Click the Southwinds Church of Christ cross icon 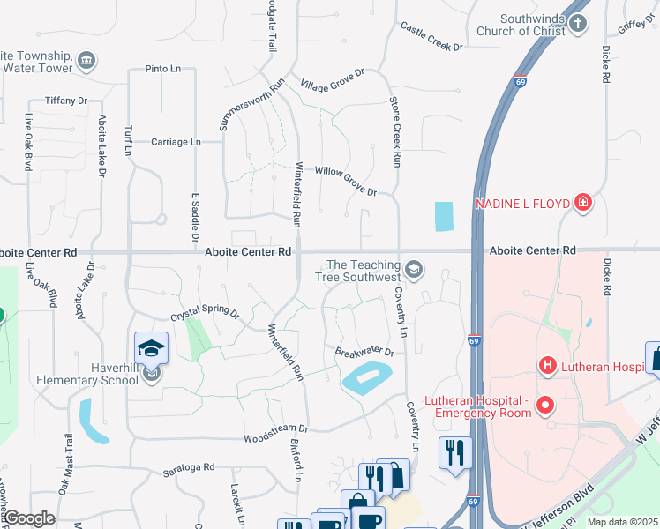point(578,24)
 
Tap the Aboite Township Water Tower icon point(86,60)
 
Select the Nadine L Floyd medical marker point(582,204)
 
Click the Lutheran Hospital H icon point(547,364)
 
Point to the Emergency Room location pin point(545,406)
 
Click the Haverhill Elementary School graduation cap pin point(151,349)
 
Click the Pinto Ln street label point(162,68)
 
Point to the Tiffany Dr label point(71,101)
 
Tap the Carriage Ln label point(176,142)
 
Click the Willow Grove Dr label point(346,180)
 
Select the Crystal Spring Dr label point(205,314)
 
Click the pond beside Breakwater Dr point(367,380)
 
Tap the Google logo point(29,518)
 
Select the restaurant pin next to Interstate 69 point(455,453)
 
